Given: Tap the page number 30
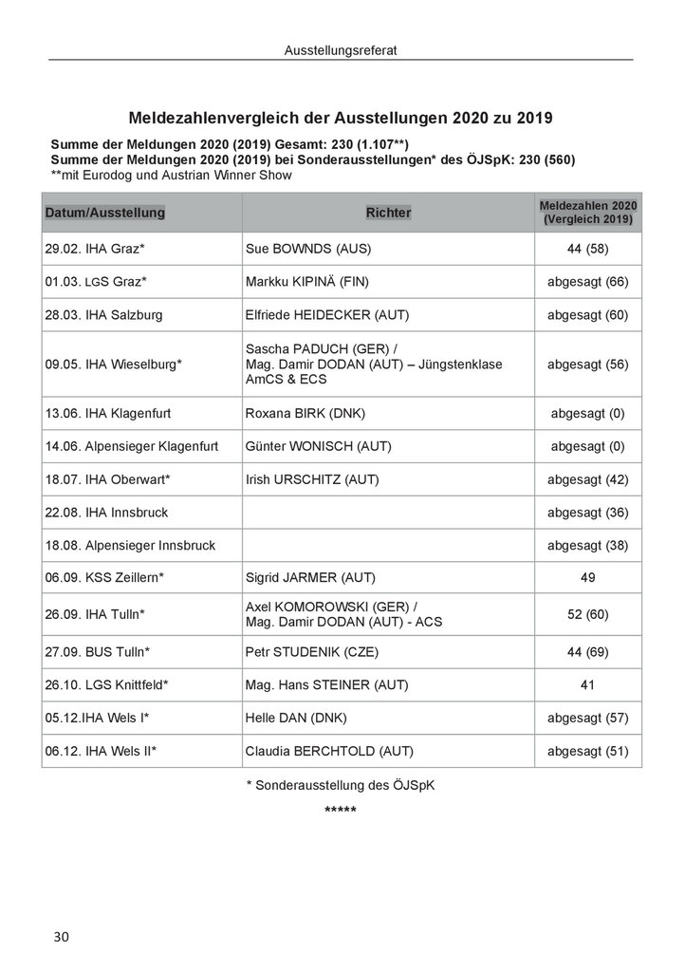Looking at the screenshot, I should coord(61,936).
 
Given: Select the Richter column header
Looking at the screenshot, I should coord(388,213).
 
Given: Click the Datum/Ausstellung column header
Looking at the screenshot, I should coord(105,213).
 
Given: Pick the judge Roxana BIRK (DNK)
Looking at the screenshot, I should coord(305,413).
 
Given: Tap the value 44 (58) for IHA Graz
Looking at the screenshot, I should coord(587,250).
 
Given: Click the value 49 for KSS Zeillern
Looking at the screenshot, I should coord(587,576).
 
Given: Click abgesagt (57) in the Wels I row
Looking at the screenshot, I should coord(587,718).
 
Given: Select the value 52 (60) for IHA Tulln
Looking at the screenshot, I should coord(587,614).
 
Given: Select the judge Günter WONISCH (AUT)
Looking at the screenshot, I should coord(318,446).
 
